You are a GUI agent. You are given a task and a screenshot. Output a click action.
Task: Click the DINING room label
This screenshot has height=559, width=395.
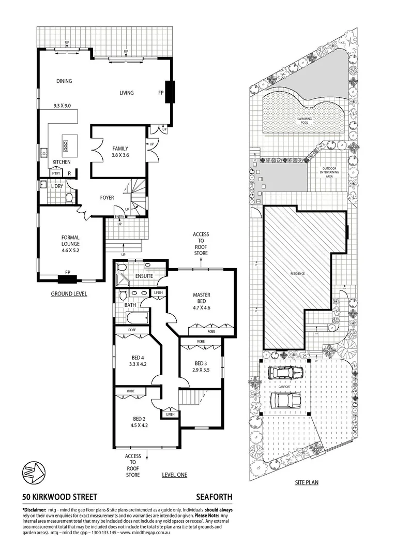point(64,81)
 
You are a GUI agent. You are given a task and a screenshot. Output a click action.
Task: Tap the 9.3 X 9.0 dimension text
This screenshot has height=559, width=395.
point(65,106)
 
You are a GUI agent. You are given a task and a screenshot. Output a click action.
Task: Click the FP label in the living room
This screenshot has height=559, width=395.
point(161,93)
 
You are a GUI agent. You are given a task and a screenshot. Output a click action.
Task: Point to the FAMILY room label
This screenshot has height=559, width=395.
point(120,149)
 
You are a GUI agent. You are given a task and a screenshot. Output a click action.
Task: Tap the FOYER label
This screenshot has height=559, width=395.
point(108,197)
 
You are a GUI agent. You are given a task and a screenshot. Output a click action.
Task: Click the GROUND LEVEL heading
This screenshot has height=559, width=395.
point(69,293)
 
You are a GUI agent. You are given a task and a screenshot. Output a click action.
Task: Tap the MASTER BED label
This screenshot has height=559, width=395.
point(201,298)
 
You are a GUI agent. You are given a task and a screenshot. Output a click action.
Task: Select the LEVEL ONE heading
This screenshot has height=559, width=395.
point(174,475)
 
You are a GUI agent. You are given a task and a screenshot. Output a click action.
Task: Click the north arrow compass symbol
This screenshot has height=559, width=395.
point(32,472)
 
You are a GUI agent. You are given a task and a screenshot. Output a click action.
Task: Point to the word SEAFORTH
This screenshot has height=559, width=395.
point(215,497)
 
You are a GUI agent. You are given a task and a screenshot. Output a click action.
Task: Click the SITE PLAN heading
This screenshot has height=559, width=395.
point(307,482)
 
